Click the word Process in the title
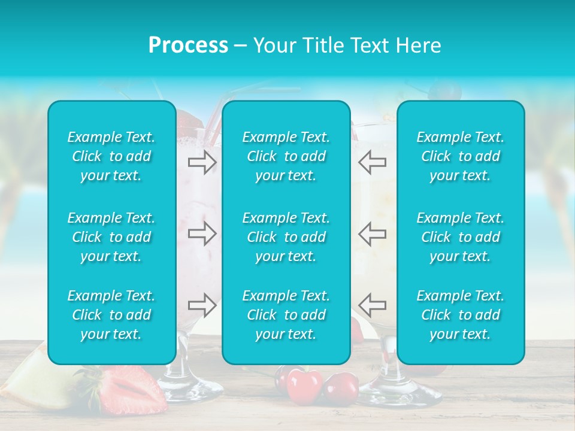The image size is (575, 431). click(188, 45)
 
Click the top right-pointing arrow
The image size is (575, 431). click(202, 162)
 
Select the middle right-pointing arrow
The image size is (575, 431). click(202, 233)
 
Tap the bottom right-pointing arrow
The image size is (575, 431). click(202, 305)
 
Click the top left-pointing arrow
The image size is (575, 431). click(373, 162)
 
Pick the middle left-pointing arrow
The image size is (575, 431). click(373, 233)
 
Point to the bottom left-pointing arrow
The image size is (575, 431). click(373, 305)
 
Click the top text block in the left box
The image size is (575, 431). click(111, 156)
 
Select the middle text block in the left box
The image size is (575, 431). click(111, 237)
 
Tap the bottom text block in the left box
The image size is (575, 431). click(111, 315)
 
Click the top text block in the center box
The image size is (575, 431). click(286, 156)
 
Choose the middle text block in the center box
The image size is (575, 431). click(286, 237)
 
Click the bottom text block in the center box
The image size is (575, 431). click(286, 315)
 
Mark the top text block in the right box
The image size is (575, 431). click(461, 156)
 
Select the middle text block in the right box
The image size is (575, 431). click(461, 237)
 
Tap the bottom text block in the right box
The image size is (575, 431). click(461, 315)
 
